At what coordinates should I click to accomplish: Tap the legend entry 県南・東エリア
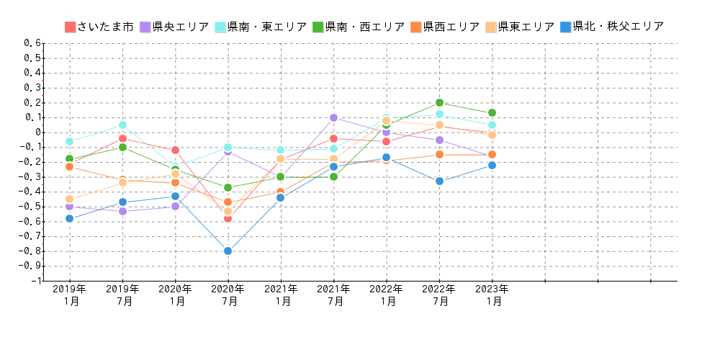[x=261, y=27]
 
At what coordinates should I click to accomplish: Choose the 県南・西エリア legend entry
[x=359, y=27]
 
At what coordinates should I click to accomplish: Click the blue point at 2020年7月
[x=228, y=251]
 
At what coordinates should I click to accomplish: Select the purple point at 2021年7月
[x=333, y=117]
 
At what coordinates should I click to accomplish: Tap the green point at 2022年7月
[x=439, y=102]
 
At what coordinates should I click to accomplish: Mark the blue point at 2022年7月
[x=439, y=181]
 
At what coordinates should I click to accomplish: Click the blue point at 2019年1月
[x=69, y=218]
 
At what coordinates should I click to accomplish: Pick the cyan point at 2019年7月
[x=122, y=125]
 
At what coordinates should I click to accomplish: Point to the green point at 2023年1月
[x=492, y=112]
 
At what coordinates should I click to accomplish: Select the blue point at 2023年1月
[x=492, y=165]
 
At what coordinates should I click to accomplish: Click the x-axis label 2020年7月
[x=228, y=295]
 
